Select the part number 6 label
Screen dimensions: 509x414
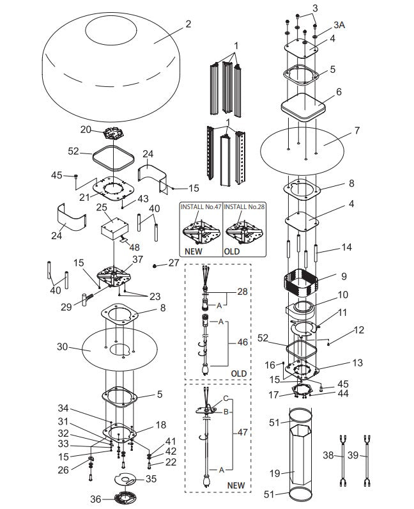[x=338, y=91]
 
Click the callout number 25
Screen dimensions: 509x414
[x=101, y=208]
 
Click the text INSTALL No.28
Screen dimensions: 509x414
[x=245, y=207]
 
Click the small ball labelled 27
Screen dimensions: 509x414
[x=155, y=263]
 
